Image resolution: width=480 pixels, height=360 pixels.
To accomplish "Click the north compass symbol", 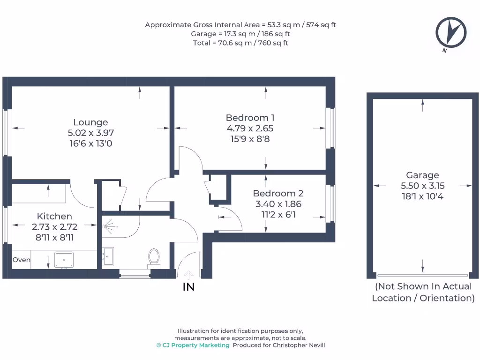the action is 451,32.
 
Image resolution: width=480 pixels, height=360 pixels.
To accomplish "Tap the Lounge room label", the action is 90,122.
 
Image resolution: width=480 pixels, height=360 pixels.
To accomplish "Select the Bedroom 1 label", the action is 250,118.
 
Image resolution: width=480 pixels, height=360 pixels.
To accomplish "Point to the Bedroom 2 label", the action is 278,193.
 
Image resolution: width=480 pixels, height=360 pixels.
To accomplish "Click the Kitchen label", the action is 54,216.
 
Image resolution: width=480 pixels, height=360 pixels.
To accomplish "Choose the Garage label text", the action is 422,175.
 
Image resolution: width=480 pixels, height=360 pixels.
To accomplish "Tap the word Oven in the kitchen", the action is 22,260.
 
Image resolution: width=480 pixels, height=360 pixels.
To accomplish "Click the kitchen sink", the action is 64,260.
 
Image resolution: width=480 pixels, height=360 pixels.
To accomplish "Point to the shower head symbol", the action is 110,226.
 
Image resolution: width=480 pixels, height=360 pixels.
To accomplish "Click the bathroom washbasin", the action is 108,256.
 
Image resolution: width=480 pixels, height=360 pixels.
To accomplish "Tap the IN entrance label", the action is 188,287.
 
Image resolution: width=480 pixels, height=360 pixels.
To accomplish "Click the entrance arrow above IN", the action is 188,275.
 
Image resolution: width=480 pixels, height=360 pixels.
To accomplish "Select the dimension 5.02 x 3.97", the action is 90,133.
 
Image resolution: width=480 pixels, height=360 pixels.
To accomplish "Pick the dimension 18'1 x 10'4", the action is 422,196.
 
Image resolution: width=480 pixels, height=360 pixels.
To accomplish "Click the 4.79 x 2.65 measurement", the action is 250,128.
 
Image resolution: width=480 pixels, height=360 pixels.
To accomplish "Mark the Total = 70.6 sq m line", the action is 240,43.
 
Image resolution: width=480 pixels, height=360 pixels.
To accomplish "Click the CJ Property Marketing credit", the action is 193,345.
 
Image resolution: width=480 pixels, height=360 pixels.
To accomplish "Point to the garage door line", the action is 422,276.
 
